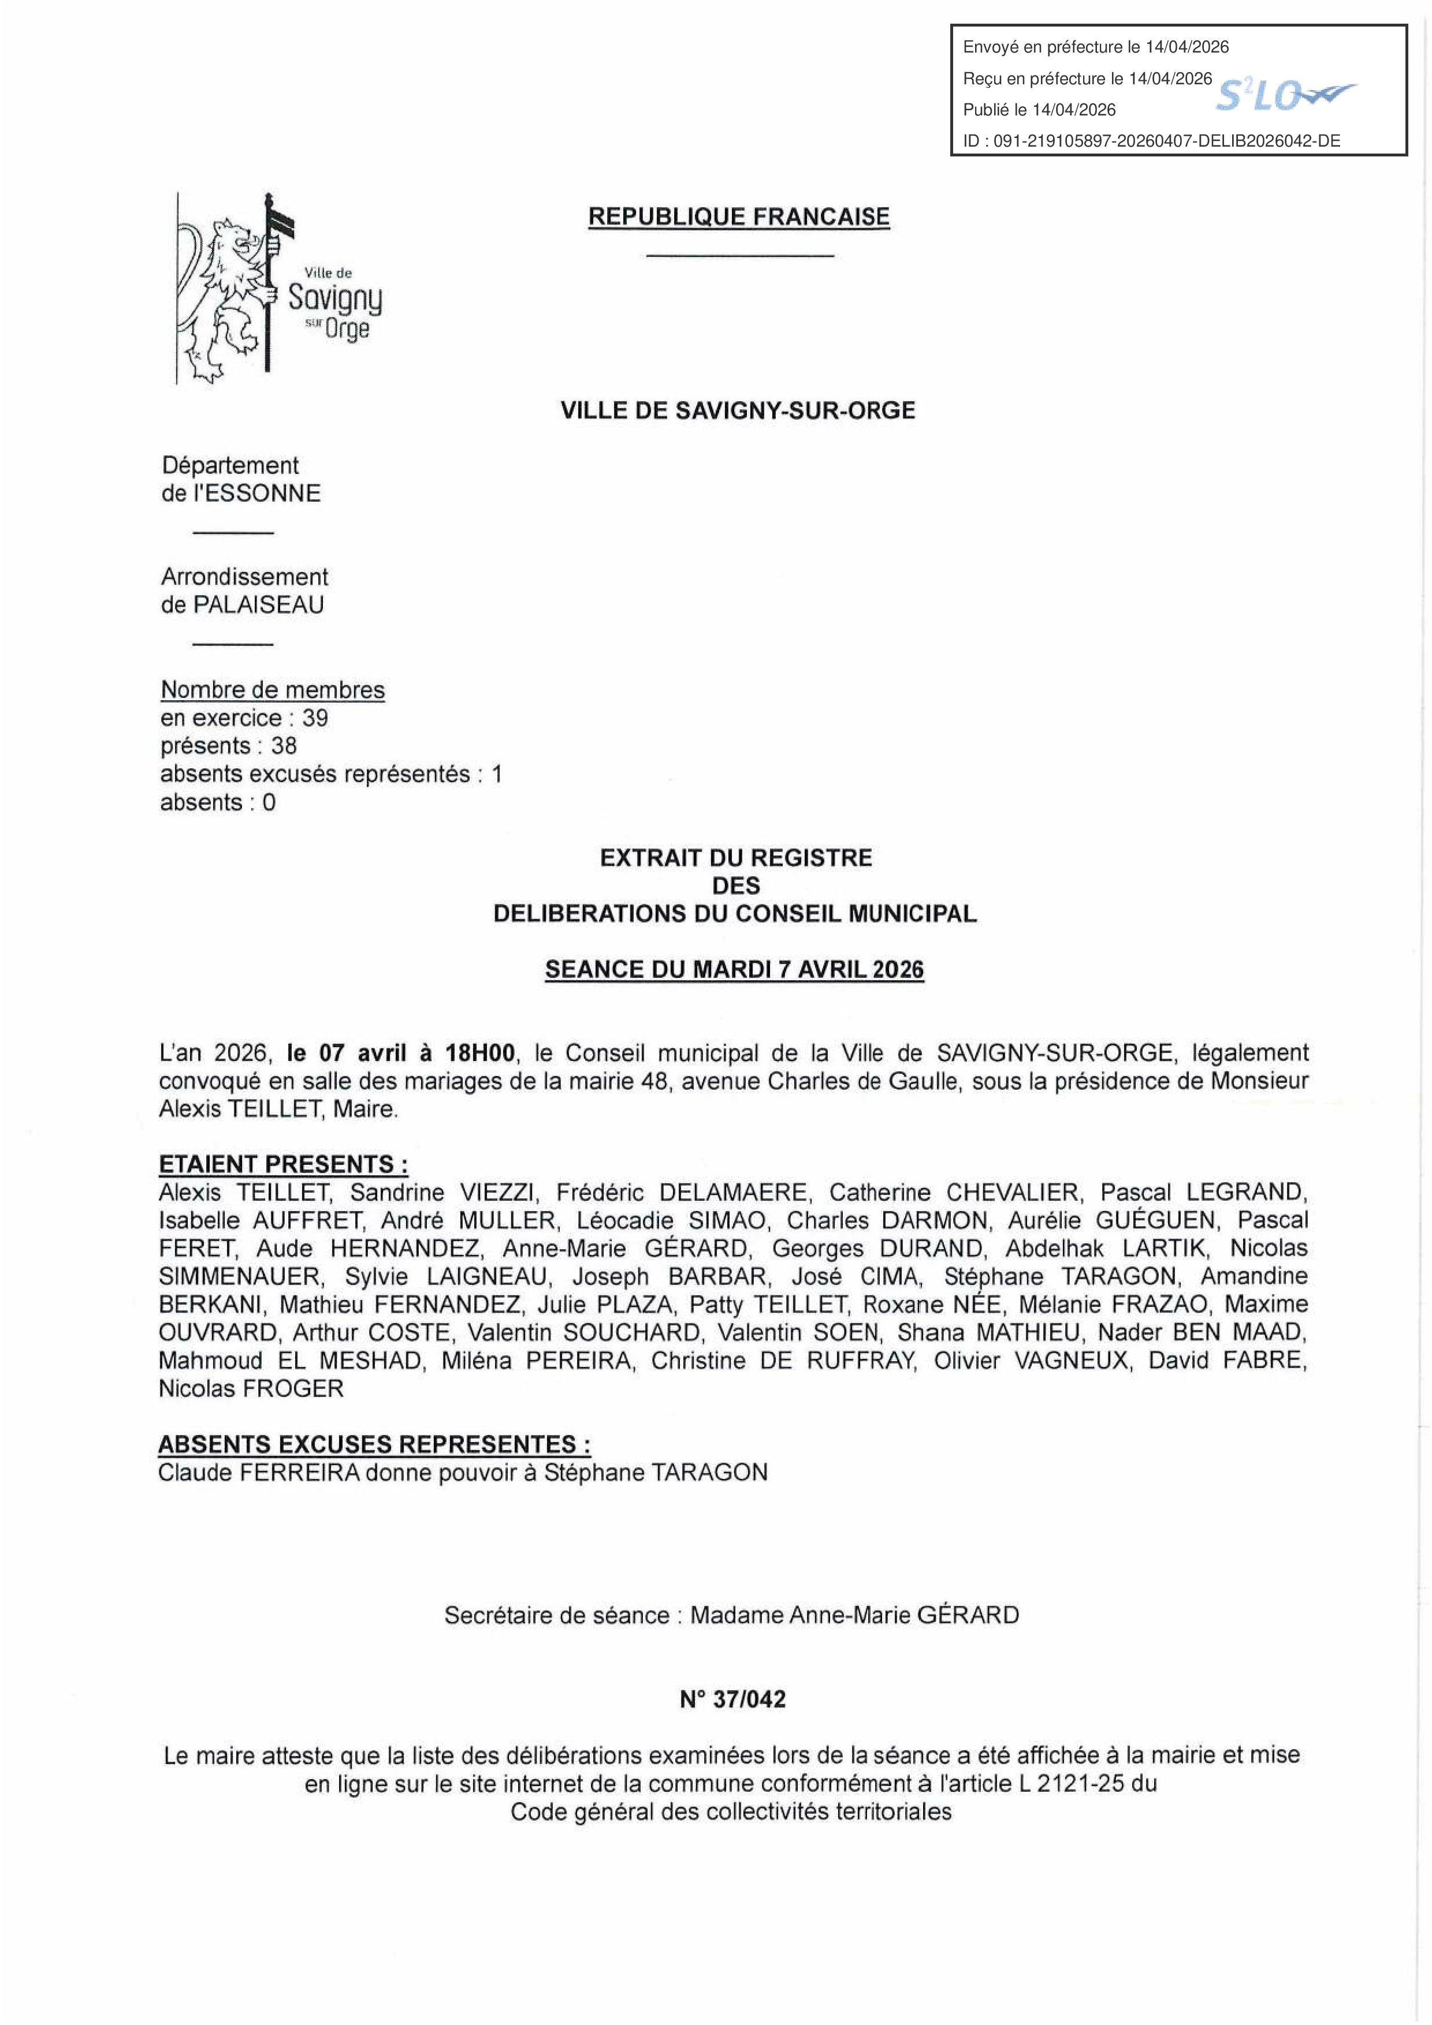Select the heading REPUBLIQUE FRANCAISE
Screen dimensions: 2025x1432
tap(738, 217)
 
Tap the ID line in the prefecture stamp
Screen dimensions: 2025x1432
tap(1151, 141)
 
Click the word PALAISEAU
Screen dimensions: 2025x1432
tap(259, 605)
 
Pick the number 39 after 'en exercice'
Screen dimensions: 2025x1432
tap(315, 718)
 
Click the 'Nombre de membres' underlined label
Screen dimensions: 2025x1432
tap(273, 690)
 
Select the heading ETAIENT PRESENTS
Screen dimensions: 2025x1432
tap(283, 1164)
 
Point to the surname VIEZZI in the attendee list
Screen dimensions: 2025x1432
tap(497, 1193)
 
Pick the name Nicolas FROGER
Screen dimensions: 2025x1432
tap(251, 1389)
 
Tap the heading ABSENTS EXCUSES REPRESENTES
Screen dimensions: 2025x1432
tap(374, 1445)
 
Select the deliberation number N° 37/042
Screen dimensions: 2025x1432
tap(732, 1699)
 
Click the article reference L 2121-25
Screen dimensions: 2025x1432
tap(1071, 1783)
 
